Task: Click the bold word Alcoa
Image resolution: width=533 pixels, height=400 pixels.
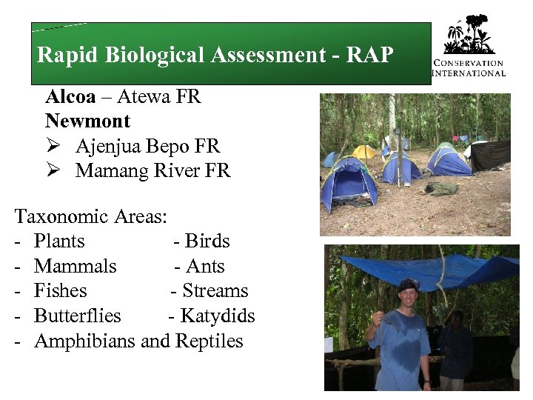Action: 70,97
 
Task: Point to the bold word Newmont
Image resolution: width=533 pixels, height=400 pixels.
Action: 87,121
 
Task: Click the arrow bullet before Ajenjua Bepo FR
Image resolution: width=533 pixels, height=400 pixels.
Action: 53,147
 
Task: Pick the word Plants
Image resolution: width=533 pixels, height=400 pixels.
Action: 59,241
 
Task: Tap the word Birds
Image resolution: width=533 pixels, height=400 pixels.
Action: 207,241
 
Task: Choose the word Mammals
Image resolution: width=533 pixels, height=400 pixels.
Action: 76,267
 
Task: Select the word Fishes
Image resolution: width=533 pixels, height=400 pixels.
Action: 61,291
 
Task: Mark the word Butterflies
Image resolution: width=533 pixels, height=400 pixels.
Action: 78,316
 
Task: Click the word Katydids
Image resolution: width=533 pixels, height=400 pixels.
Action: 216,316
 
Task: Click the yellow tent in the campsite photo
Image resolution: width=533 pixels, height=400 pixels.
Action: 364,153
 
